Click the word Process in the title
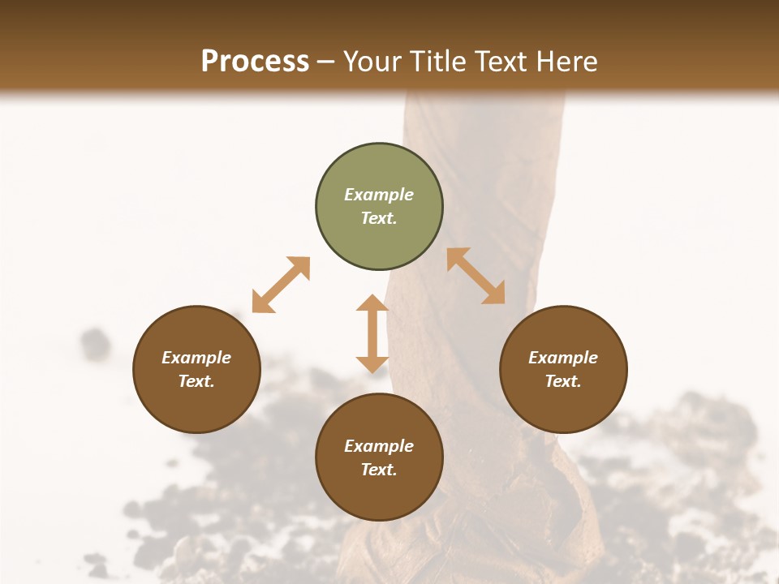(255, 61)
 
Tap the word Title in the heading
(438, 61)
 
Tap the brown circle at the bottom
(379, 495)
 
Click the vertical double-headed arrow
(372, 333)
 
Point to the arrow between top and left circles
(281, 285)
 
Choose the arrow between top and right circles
(476, 276)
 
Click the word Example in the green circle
(379, 195)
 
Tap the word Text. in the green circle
(379, 218)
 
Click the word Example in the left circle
(196, 358)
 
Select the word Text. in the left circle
(196, 381)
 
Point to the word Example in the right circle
(563, 358)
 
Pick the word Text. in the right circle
(563, 381)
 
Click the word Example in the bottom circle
(379, 446)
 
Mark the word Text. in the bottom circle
(379, 470)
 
